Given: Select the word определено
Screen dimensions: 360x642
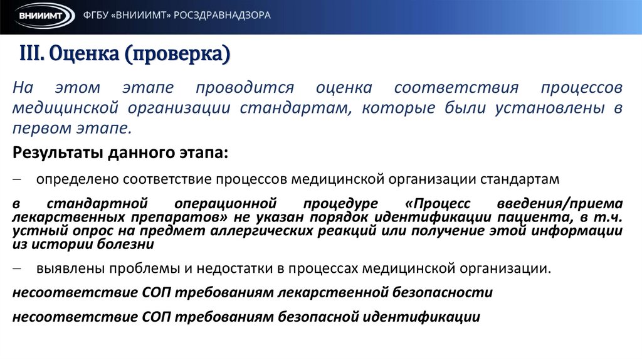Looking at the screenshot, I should pos(77,180).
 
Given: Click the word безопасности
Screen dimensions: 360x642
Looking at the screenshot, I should pos(443,293).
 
